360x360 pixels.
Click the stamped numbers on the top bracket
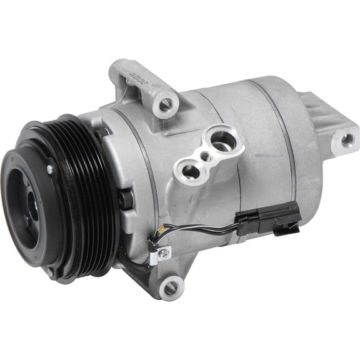136,79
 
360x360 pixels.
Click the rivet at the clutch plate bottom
50,270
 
